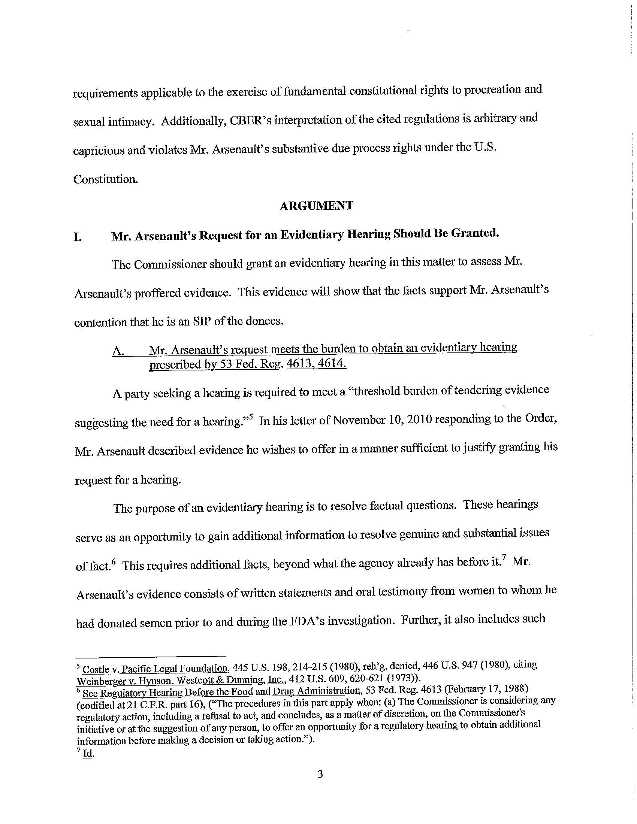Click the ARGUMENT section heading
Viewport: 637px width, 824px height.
pyautogui.click(x=316, y=206)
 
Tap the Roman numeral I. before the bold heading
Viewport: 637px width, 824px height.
pyautogui.click(x=78, y=238)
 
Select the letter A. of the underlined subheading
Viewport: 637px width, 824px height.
pyautogui.click(x=118, y=351)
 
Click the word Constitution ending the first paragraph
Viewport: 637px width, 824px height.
pyautogui.click(x=105, y=179)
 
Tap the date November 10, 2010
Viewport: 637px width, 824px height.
pyautogui.click(x=381, y=420)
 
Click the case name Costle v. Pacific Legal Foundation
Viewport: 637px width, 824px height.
pyautogui.click(x=155, y=669)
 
